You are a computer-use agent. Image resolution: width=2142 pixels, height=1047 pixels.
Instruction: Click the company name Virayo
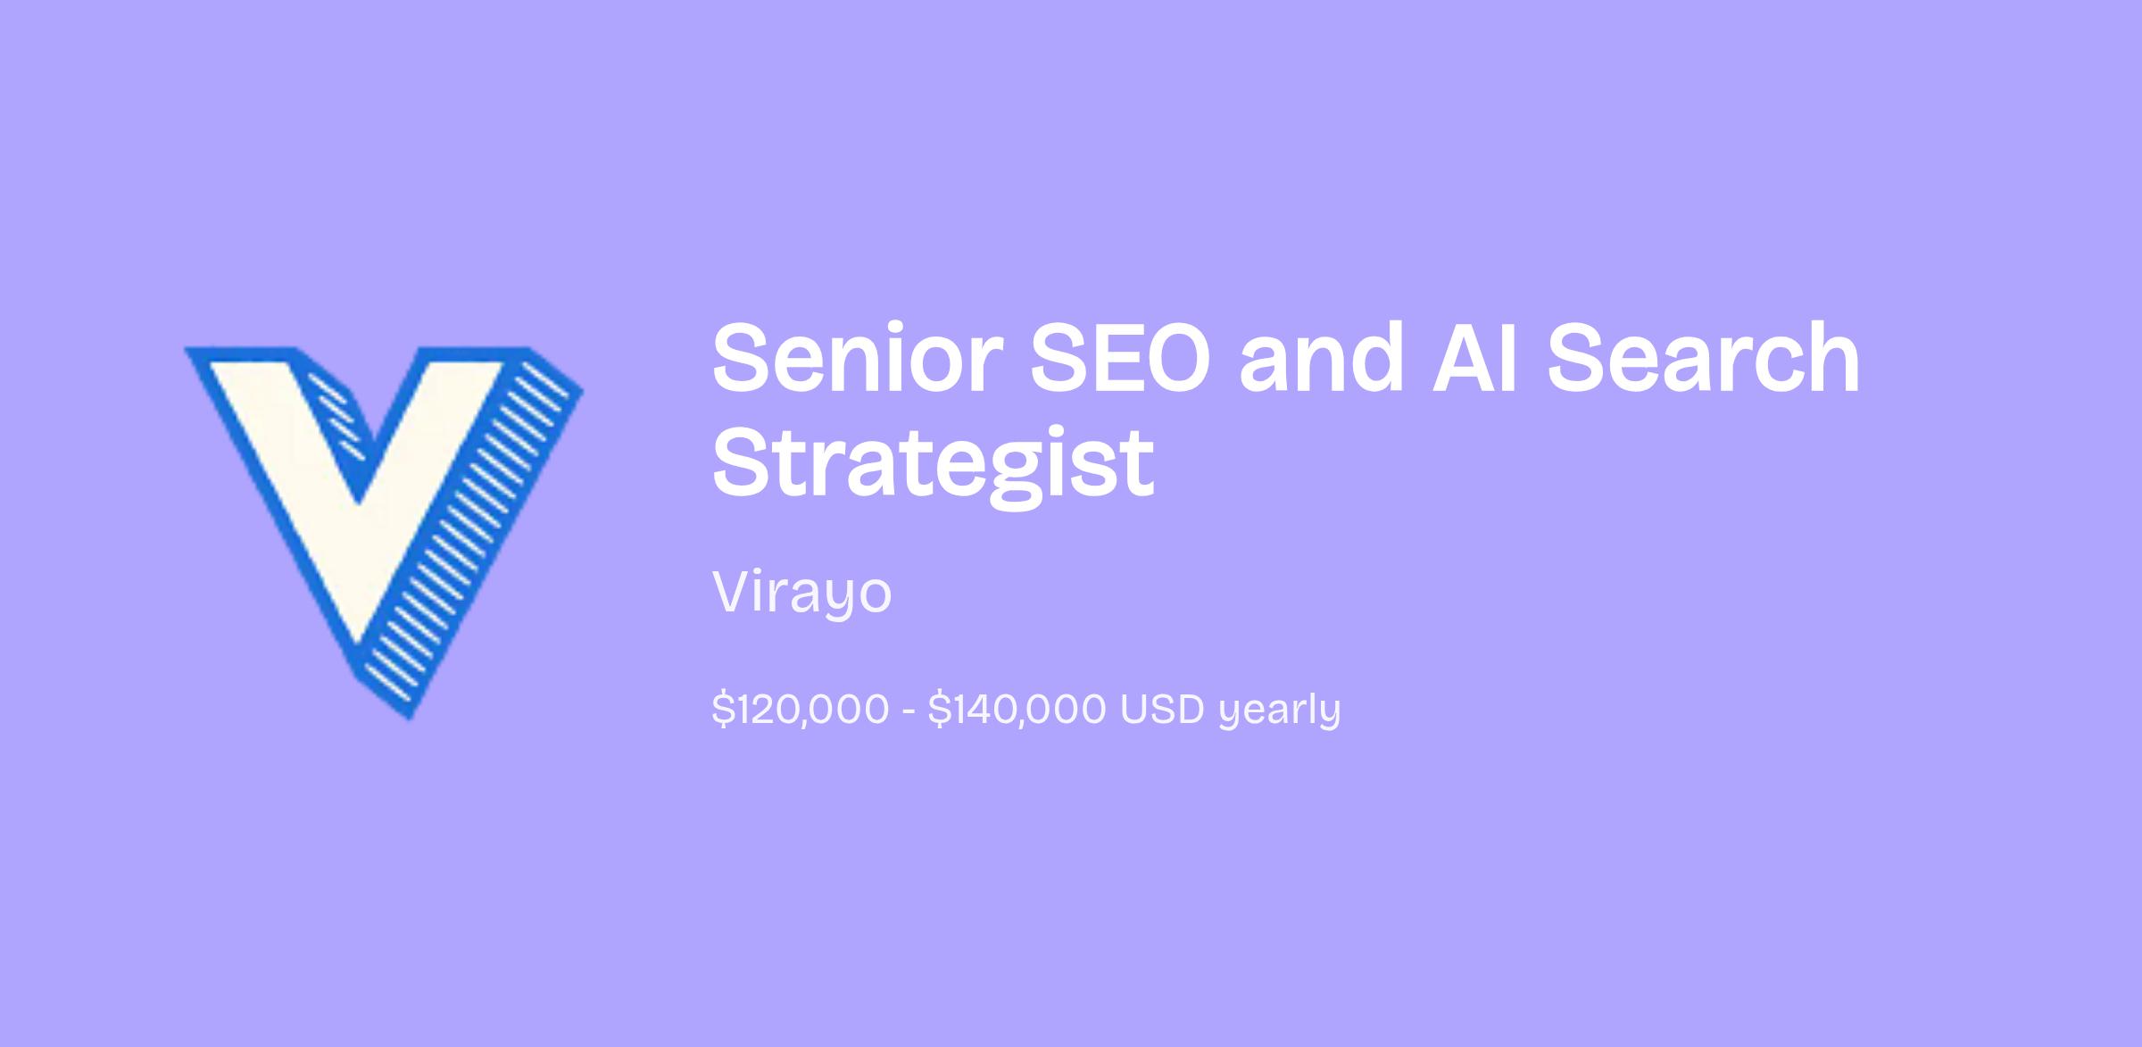point(801,593)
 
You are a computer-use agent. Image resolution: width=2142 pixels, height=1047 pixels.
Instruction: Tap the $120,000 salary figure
point(801,710)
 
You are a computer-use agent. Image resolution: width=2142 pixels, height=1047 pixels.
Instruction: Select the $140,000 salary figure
point(1017,710)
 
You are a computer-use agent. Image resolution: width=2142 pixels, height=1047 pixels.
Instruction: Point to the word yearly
point(1280,712)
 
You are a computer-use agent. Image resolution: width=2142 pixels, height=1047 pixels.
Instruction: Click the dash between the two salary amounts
point(909,711)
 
